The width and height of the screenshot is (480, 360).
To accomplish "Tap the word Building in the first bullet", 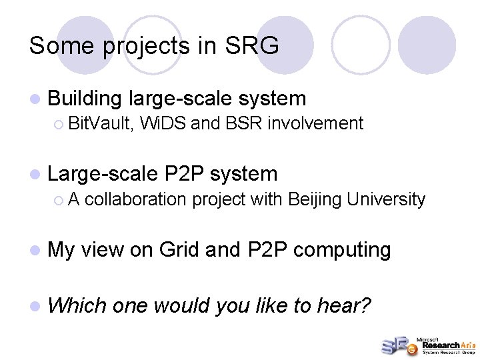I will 85,99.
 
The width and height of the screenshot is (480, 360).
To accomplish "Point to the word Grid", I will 180,250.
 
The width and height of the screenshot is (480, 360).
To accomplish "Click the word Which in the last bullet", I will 77,305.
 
